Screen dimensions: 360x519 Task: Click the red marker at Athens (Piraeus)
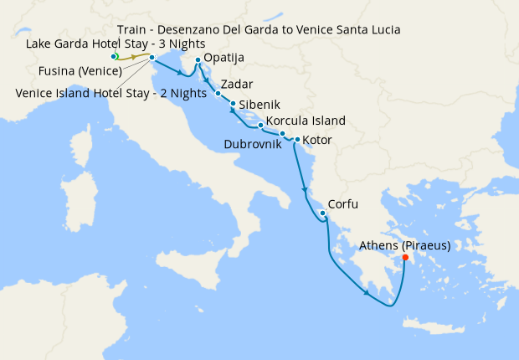(405, 258)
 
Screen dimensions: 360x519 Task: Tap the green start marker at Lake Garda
(115, 56)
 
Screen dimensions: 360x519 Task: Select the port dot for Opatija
(198, 60)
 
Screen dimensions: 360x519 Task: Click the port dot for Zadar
(218, 94)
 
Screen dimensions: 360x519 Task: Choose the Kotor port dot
(297, 140)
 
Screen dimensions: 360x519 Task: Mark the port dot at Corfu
(323, 213)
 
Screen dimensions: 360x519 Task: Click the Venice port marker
(152, 58)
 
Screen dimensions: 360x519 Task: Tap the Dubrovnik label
(258, 144)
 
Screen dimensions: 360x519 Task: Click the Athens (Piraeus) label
(404, 246)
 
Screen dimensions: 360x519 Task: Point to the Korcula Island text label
(305, 121)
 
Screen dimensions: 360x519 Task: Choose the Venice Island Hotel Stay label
(110, 93)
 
